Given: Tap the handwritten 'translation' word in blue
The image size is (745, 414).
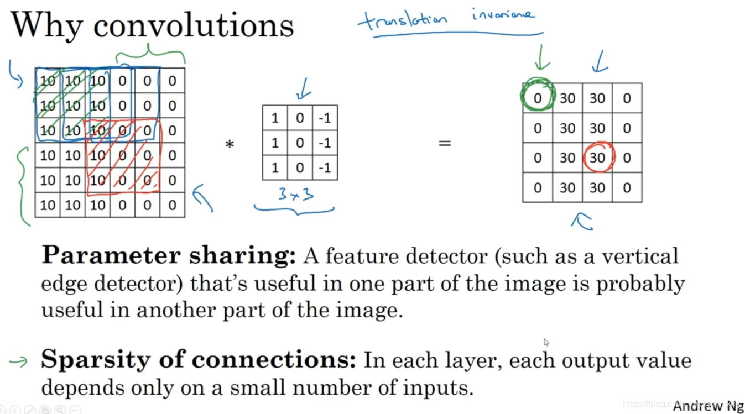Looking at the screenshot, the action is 402,20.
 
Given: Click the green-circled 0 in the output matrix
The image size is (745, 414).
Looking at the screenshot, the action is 538,98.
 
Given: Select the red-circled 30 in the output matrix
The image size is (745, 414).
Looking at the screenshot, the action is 597,158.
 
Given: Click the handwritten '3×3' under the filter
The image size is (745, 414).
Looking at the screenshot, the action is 297,195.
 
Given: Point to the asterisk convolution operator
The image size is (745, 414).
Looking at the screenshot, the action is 229,145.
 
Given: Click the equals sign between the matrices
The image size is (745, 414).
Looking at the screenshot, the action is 445,143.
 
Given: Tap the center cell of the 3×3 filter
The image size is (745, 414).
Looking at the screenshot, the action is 300,143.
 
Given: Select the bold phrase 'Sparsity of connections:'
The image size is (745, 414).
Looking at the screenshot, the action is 199,360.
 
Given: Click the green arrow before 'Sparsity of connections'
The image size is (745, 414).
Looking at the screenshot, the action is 18,361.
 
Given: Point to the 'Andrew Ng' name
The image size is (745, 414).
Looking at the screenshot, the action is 707,406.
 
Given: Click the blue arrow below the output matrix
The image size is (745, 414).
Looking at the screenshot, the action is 582,221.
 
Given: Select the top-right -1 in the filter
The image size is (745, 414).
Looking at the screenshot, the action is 325,118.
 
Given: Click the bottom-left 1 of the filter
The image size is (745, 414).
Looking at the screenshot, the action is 275,167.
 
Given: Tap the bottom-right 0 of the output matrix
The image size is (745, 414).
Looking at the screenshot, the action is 627,187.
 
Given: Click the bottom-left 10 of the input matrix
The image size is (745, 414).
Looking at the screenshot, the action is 48,205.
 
